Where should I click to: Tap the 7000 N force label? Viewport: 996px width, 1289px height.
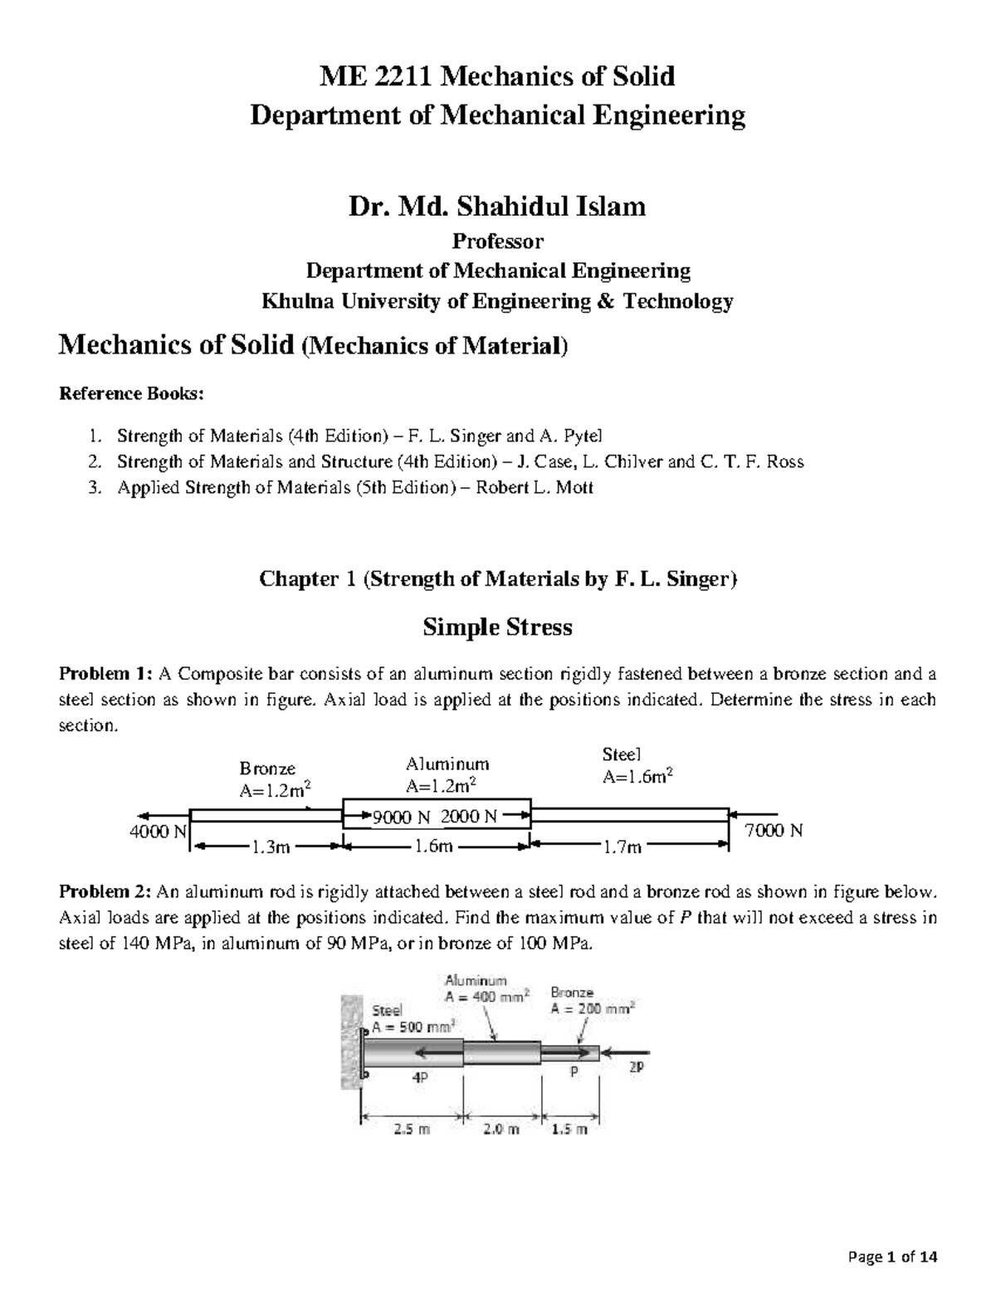774,831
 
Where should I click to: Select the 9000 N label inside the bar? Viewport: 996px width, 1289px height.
402,817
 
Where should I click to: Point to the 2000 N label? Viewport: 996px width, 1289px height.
469,817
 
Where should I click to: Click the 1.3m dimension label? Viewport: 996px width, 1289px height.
270,847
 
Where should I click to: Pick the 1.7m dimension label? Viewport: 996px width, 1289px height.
623,847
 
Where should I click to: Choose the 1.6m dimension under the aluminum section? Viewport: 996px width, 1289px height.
434,847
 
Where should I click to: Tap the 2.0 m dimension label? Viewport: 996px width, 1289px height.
501,1129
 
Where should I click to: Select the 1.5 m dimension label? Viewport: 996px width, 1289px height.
569,1129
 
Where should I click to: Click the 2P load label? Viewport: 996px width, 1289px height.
636,1071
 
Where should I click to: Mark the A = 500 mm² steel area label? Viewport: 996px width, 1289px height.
413,1027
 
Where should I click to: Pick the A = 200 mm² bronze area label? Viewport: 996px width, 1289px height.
592,1009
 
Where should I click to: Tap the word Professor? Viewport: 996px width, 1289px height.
497,242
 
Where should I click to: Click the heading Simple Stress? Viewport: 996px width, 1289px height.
497,627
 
